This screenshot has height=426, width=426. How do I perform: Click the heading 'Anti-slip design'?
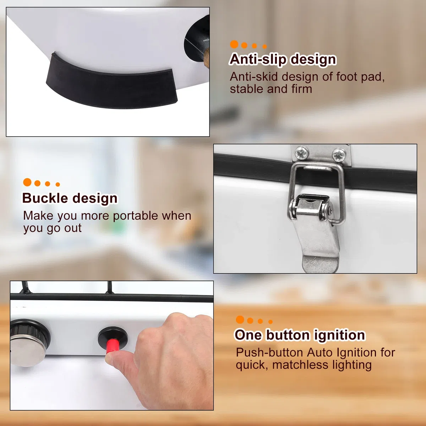[x=283, y=59]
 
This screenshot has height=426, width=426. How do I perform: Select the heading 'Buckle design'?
[x=70, y=198]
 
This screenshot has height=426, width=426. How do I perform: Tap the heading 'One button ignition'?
[x=300, y=335]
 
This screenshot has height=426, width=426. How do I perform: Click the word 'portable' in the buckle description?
[x=135, y=216]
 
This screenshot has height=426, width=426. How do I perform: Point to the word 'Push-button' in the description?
[x=269, y=353]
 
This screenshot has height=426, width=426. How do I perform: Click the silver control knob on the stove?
[x=28, y=343]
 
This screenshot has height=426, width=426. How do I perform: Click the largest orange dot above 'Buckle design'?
[x=27, y=182]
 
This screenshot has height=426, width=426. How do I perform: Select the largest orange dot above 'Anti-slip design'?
[x=234, y=44]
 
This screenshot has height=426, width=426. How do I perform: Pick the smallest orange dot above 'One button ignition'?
[x=271, y=322]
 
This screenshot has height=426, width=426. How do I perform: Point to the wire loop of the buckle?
[x=316, y=186]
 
